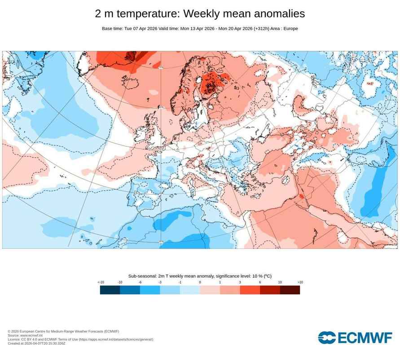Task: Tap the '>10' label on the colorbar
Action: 300,282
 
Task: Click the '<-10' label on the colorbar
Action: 101,282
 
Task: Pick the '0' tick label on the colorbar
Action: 200,282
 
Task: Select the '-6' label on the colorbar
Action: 140,282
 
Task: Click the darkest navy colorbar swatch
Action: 110,290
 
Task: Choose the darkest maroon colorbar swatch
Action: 290,290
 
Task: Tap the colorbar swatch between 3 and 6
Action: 250,290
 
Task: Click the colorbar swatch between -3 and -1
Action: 170,290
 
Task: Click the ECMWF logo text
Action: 364,338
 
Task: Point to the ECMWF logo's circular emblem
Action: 326,338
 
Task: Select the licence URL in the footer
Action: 116,339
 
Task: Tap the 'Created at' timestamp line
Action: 36,343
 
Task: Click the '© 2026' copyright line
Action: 63,331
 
